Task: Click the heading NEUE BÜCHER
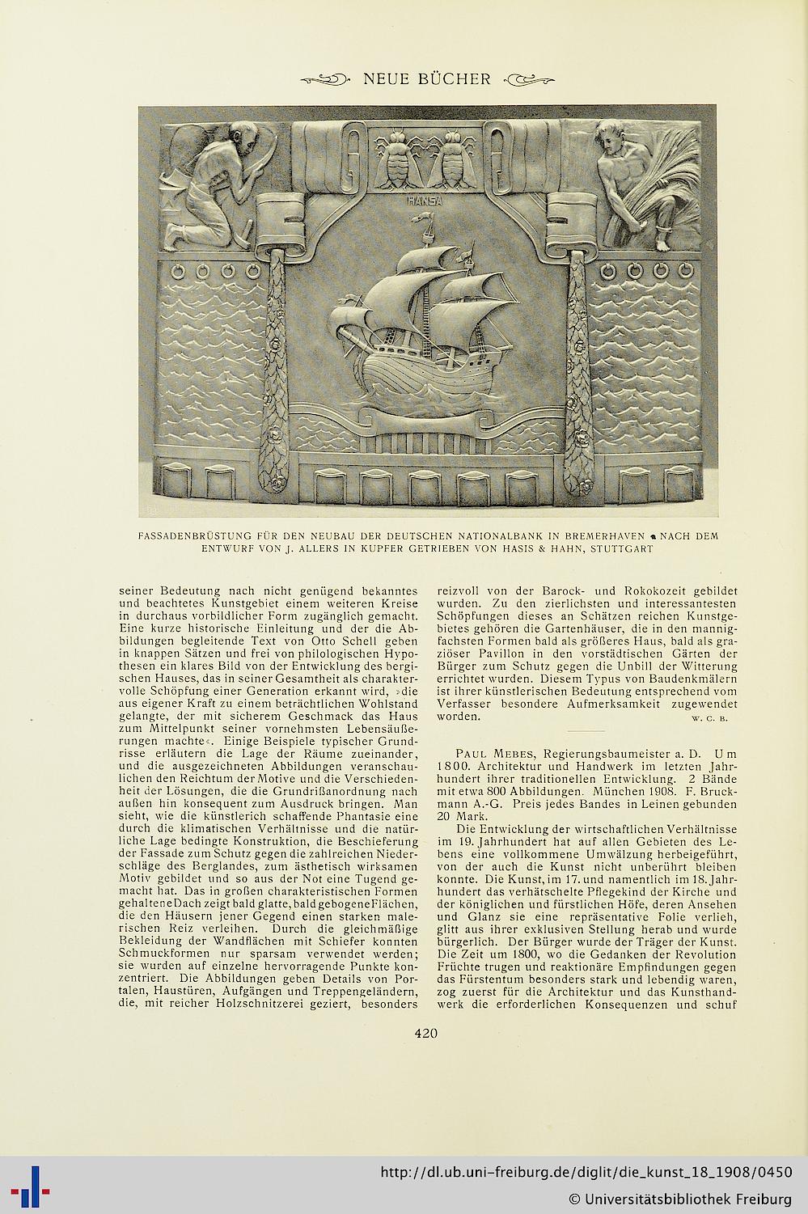click(x=427, y=78)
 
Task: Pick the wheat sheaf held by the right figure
click(x=668, y=178)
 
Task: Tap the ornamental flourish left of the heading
click(x=324, y=79)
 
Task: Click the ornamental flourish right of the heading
click(x=530, y=79)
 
